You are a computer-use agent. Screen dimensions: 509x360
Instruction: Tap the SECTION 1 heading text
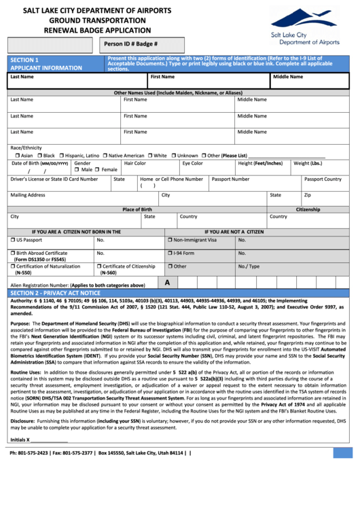click(24, 60)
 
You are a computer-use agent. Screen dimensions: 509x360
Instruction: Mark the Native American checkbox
click(104, 156)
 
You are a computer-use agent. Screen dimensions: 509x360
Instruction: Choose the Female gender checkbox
click(97, 169)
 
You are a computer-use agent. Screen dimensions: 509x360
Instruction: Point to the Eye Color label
click(192, 163)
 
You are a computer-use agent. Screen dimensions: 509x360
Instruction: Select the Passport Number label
click(230, 179)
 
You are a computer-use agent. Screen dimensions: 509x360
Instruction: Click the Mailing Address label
click(28, 195)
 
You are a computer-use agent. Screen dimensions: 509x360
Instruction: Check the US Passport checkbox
click(13, 240)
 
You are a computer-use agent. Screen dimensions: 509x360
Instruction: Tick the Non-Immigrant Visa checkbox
click(170, 240)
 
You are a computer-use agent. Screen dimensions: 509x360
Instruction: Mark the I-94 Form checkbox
click(170, 253)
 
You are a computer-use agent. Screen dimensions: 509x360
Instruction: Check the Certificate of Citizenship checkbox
click(98, 266)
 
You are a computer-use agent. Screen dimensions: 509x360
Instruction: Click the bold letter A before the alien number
click(167, 281)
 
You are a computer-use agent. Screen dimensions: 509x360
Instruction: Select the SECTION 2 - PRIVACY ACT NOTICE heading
click(55, 292)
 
